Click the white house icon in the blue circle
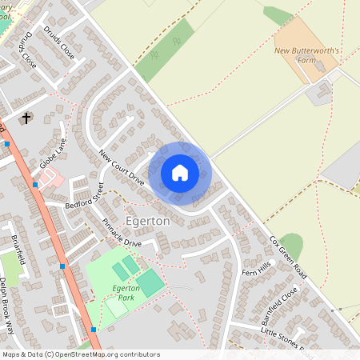pyautogui.click(x=180, y=173)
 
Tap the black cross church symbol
pyautogui.click(x=26, y=118)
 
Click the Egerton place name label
pyautogui.click(x=147, y=220)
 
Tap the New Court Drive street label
pyautogui.click(x=122, y=167)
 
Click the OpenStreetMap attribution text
pyautogui.click(x=81, y=354)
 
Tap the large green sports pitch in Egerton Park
pyautogui.click(x=150, y=282)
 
